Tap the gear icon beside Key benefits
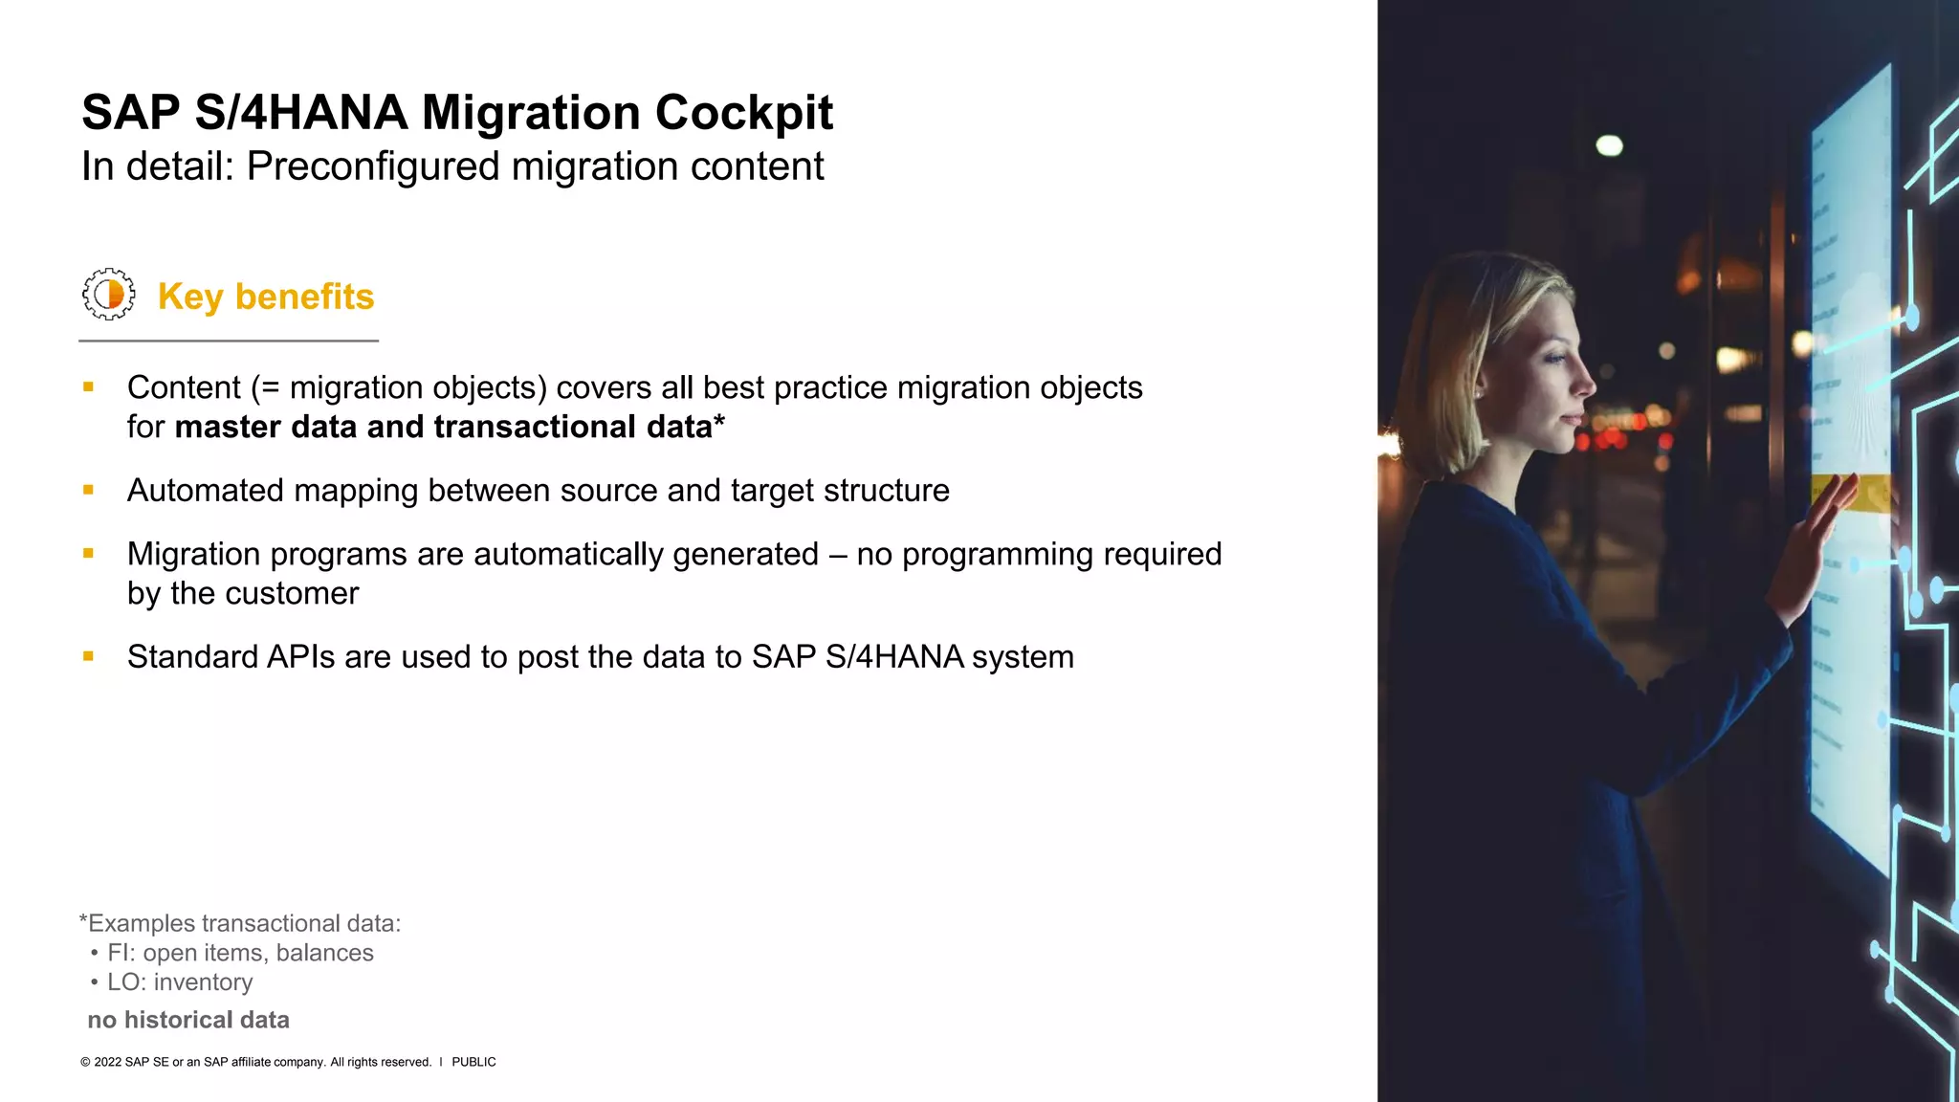pos(108,294)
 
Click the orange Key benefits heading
pos(265,297)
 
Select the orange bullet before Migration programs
pos(88,553)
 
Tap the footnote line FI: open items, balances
pos(240,953)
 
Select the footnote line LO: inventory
pos(180,982)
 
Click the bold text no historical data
pos(188,1020)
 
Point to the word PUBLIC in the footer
pos(473,1062)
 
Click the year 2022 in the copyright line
pos(108,1062)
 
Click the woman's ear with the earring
pos(1480,387)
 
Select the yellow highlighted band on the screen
pos(1851,493)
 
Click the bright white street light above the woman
pos(1610,145)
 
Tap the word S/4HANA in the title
pos(301,113)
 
